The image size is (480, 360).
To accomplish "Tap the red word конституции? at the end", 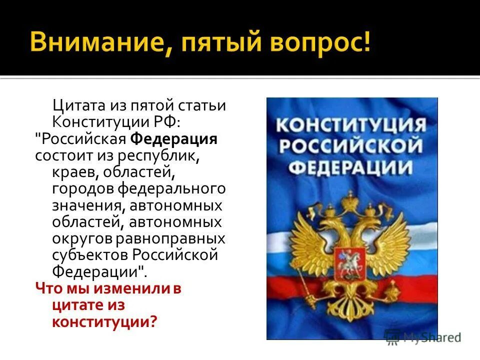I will pyautogui.click(x=104, y=321).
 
